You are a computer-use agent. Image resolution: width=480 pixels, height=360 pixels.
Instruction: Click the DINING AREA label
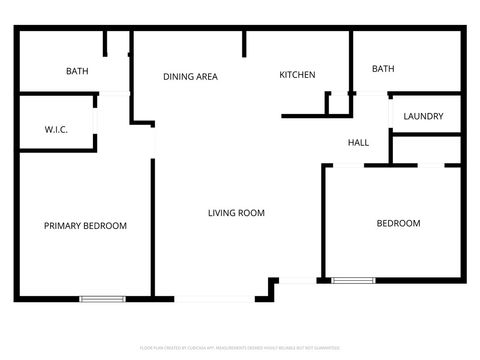[190, 76]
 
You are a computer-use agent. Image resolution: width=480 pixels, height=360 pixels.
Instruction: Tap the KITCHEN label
[297, 75]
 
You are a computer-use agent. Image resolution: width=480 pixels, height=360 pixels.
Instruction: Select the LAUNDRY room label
[423, 117]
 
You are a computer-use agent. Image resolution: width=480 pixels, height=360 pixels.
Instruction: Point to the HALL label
[358, 143]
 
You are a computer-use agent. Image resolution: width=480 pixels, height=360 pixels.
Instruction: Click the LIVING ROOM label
[236, 213]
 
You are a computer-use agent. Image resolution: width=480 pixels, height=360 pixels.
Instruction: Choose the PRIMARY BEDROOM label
[85, 226]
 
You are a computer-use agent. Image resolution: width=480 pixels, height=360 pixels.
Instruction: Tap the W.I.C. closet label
[55, 130]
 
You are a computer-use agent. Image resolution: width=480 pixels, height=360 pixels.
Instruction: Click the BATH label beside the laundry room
[383, 69]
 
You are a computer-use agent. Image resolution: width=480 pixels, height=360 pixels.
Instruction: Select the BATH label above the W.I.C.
[77, 71]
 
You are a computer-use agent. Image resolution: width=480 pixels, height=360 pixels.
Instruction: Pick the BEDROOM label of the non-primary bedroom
[398, 223]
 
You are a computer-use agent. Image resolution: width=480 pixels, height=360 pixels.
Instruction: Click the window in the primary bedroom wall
[102, 298]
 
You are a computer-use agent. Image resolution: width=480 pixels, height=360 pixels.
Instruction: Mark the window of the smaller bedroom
[352, 280]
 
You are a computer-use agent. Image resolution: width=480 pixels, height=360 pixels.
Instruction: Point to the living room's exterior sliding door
[215, 298]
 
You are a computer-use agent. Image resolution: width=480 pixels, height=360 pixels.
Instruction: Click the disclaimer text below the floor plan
[239, 348]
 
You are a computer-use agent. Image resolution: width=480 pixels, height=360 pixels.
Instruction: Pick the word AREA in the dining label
[207, 76]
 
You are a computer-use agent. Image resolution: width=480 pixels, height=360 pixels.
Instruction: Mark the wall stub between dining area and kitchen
[244, 43]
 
